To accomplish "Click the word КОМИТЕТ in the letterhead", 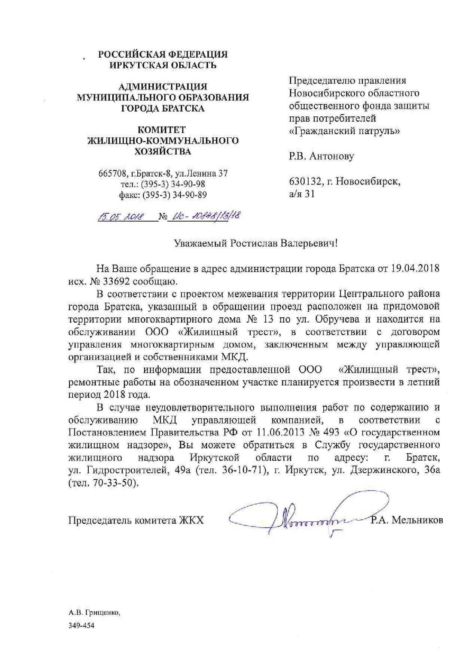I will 162,130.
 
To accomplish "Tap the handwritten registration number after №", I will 204,216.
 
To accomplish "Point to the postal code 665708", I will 111,174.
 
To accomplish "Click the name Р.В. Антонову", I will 321,156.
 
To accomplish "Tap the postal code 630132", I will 305,182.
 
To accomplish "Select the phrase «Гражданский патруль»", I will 344,131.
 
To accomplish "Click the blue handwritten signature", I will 307,518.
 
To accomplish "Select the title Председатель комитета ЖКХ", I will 136,520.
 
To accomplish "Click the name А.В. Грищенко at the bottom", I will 94,613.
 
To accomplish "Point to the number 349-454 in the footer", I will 81,625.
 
